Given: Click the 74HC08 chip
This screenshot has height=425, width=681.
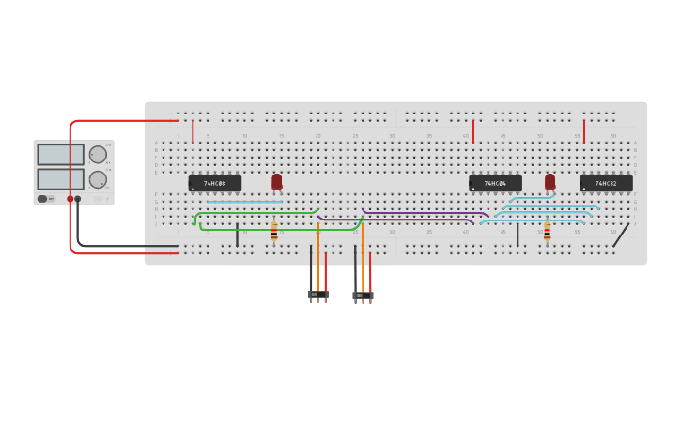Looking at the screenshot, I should [x=214, y=184].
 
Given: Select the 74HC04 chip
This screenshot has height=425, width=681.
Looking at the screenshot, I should [x=495, y=184].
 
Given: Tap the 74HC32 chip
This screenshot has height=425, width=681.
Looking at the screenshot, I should [x=606, y=184].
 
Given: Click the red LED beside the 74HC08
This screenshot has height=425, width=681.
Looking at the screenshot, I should [x=276, y=181].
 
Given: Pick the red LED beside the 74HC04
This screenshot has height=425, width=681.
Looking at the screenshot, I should [x=549, y=181].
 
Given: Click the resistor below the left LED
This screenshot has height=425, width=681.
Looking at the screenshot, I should [x=274, y=232].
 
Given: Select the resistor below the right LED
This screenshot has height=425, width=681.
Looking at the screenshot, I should [x=547, y=232].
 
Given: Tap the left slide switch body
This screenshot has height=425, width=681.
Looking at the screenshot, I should [x=318, y=295].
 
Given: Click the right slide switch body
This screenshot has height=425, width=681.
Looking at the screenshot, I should [x=363, y=296].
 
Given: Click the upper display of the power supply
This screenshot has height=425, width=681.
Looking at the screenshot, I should [x=60, y=155].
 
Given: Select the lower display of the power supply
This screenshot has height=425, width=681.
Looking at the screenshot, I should [x=60, y=179].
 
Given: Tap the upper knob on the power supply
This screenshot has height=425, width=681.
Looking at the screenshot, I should [x=98, y=155].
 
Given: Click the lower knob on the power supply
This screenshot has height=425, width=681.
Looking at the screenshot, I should [x=98, y=179].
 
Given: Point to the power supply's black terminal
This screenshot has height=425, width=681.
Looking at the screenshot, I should [x=78, y=199].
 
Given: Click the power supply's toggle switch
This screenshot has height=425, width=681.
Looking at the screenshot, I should [x=43, y=199].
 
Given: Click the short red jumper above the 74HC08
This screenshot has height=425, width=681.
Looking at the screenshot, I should [x=193, y=131].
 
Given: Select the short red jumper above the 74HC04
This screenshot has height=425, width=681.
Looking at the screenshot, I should [x=473, y=131].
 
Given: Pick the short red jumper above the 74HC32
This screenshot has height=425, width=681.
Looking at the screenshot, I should [x=584, y=131].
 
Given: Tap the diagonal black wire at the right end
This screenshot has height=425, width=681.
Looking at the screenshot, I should [x=621, y=235].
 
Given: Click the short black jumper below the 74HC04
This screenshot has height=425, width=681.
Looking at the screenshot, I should [x=518, y=235].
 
